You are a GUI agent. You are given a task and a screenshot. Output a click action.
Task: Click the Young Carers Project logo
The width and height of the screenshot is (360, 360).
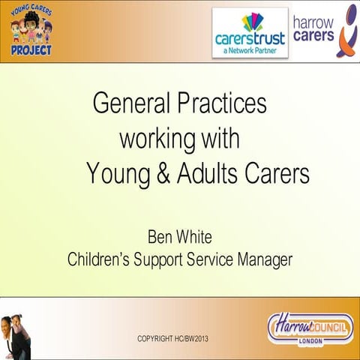31,31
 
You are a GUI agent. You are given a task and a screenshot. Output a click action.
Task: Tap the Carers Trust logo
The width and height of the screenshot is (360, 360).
250,33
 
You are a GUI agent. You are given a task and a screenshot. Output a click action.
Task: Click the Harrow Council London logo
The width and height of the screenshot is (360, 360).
310,327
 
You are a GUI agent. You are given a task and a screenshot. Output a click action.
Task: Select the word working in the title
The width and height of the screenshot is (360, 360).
156,139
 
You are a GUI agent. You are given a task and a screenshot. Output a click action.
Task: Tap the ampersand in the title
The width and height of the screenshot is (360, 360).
162,174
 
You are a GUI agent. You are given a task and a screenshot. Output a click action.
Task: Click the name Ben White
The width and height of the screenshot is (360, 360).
180,238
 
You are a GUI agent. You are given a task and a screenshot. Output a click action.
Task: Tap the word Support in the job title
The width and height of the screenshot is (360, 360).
161,260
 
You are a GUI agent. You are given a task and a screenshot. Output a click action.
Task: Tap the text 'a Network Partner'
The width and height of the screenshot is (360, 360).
250,52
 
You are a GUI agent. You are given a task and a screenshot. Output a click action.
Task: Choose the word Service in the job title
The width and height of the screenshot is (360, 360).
212,260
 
